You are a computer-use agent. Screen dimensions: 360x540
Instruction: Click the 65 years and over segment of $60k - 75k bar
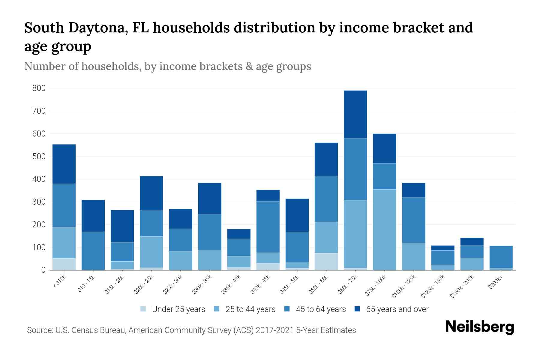355,114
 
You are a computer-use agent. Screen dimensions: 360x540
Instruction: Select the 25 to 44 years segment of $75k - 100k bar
384,230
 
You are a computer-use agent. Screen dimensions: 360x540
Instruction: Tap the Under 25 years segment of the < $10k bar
64,264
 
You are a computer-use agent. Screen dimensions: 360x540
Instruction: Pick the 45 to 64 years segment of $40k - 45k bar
268,227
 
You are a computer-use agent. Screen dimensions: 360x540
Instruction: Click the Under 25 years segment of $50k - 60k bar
326,262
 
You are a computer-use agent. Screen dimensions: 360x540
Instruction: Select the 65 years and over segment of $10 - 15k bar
93,216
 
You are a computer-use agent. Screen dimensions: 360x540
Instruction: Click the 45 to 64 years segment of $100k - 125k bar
413,220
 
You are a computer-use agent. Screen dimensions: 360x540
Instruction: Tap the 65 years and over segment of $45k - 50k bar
297,215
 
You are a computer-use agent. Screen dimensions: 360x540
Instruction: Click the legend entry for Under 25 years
173,309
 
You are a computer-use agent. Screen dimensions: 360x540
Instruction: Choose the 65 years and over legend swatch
357,309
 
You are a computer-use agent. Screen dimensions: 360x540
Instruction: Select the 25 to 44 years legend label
250,309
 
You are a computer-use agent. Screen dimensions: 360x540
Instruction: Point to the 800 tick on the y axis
39,88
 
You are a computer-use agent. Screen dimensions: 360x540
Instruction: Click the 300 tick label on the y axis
39,202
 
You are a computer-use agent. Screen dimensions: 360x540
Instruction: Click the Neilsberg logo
479,327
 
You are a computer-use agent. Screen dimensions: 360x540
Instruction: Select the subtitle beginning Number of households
167,66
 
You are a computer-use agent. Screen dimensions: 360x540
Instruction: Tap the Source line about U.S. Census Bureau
191,330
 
